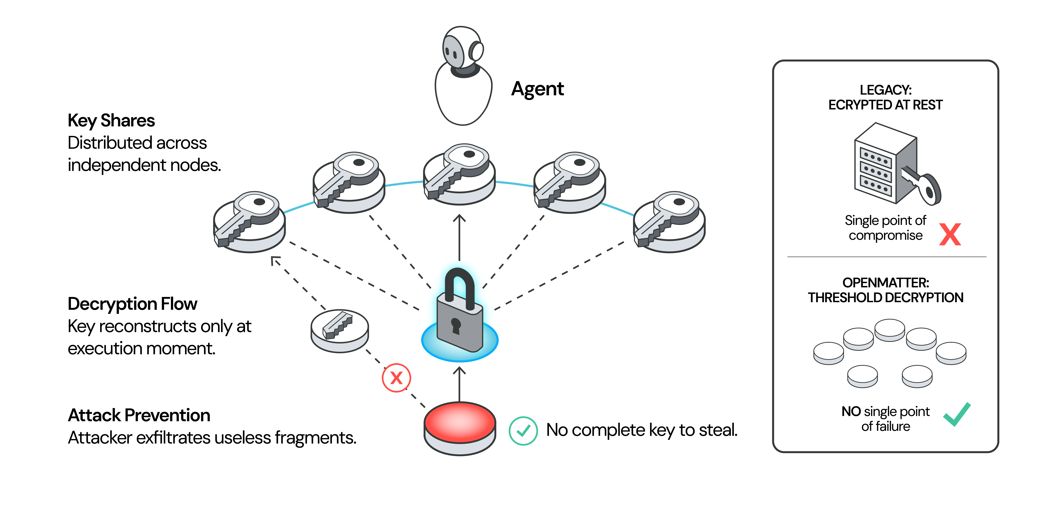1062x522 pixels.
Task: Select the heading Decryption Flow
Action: pyautogui.click(x=132, y=304)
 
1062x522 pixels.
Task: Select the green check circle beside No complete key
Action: pyautogui.click(x=523, y=431)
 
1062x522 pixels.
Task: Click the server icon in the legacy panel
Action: pyautogui.click(x=885, y=163)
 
